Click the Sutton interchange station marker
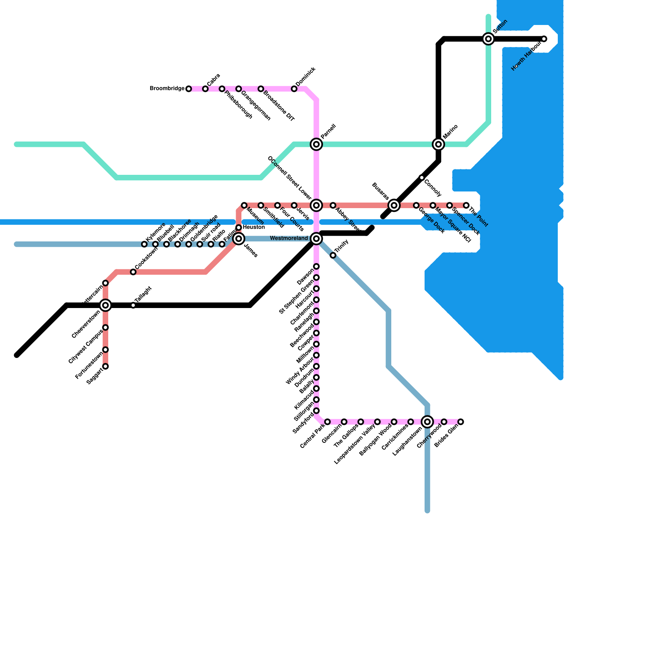(x=488, y=39)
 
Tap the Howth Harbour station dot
(x=544, y=39)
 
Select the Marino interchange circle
(x=438, y=144)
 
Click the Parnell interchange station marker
(x=316, y=144)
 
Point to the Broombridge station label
(x=167, y=89)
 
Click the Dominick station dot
(x=294, y=89)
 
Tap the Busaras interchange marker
(x=394, y=205)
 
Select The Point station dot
(x=466, y=205)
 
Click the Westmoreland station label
(x=289, y=239)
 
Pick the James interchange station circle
(x=239, y=239)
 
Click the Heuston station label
(x=253, y=227)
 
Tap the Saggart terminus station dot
(x=106, y=366)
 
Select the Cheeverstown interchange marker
(x=106, y=306)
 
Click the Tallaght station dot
(x=133, y=306)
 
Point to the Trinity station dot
(x=333, y=255)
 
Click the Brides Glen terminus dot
(x=461, y=422)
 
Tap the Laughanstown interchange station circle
(x=427, y=422)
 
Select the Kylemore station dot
(x=144, y=244)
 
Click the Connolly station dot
(x=422, y=178)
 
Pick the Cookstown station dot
(x=133, y=272)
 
